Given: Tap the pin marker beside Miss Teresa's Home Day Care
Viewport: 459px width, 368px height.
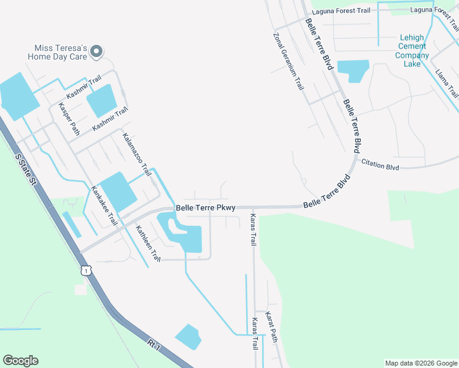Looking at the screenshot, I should click(x=96, y=53).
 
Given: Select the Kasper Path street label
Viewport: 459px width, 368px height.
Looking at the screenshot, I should click(x=69, y=118).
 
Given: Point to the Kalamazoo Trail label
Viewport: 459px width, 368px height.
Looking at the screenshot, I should click(x=136, y=154).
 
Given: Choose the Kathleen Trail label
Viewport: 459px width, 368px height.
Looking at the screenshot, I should click(x=148, y=243).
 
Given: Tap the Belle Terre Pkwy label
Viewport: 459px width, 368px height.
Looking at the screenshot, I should click(x=206, y=208).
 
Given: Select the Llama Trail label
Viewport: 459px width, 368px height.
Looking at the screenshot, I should click(x=446, y=83).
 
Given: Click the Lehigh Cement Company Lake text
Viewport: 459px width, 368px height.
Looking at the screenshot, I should click(x=412, y=50).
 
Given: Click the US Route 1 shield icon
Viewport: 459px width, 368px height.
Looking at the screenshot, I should click(x=85, y=270).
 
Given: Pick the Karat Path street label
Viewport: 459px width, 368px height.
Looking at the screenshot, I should click(x=271, y=328).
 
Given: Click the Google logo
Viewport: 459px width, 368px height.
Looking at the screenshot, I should click(x=20, y=361).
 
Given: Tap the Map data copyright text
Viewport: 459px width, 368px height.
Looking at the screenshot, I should click(x=420, y=363).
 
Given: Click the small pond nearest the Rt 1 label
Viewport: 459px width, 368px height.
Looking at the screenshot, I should click(x=188, y=336).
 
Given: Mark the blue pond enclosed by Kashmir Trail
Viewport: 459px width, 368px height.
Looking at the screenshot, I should click(x=101, y=101).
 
